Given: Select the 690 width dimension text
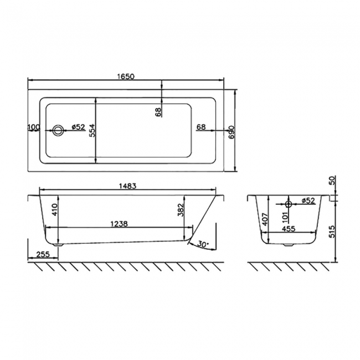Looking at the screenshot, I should [233, 131].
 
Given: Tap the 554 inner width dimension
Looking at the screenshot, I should [93, 128].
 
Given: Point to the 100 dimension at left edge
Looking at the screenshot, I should [33, 127].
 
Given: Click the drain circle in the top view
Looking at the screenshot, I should [58, 131].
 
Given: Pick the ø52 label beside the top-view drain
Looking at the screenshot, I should [78, 127].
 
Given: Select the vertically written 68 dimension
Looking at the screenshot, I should [158, 112].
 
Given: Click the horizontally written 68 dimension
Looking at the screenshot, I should [201, 127].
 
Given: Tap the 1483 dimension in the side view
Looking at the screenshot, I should [127, 187].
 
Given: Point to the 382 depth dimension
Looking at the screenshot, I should [181, 209].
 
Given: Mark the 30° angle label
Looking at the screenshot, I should [202, 244].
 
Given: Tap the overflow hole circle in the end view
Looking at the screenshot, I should [289, 202].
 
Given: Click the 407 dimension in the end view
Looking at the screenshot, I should [265, 219].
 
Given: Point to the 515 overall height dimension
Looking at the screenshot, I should [332, 232].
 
